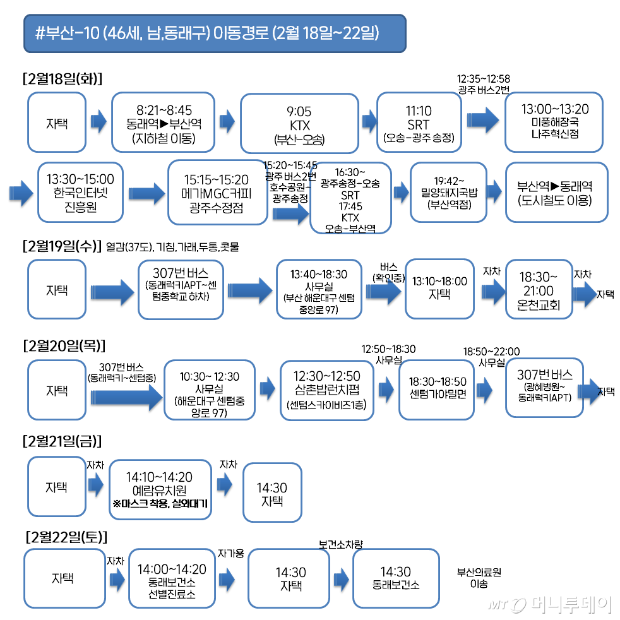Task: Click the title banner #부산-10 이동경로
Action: point(214,33)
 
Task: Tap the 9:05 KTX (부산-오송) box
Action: point(299,122)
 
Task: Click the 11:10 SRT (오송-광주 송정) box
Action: point(418,122)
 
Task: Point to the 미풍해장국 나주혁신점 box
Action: point(554,122)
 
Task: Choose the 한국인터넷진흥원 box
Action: point(80,192)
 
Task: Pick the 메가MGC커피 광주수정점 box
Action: point(217,192)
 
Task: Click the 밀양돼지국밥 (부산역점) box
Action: point(448,192)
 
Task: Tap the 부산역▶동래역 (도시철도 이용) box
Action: point(556,192)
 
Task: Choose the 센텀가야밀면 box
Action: point(436,389)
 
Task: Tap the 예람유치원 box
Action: point(160,489)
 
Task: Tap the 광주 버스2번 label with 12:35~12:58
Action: point(483,83)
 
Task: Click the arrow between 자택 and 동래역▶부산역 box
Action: point(98,122)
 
